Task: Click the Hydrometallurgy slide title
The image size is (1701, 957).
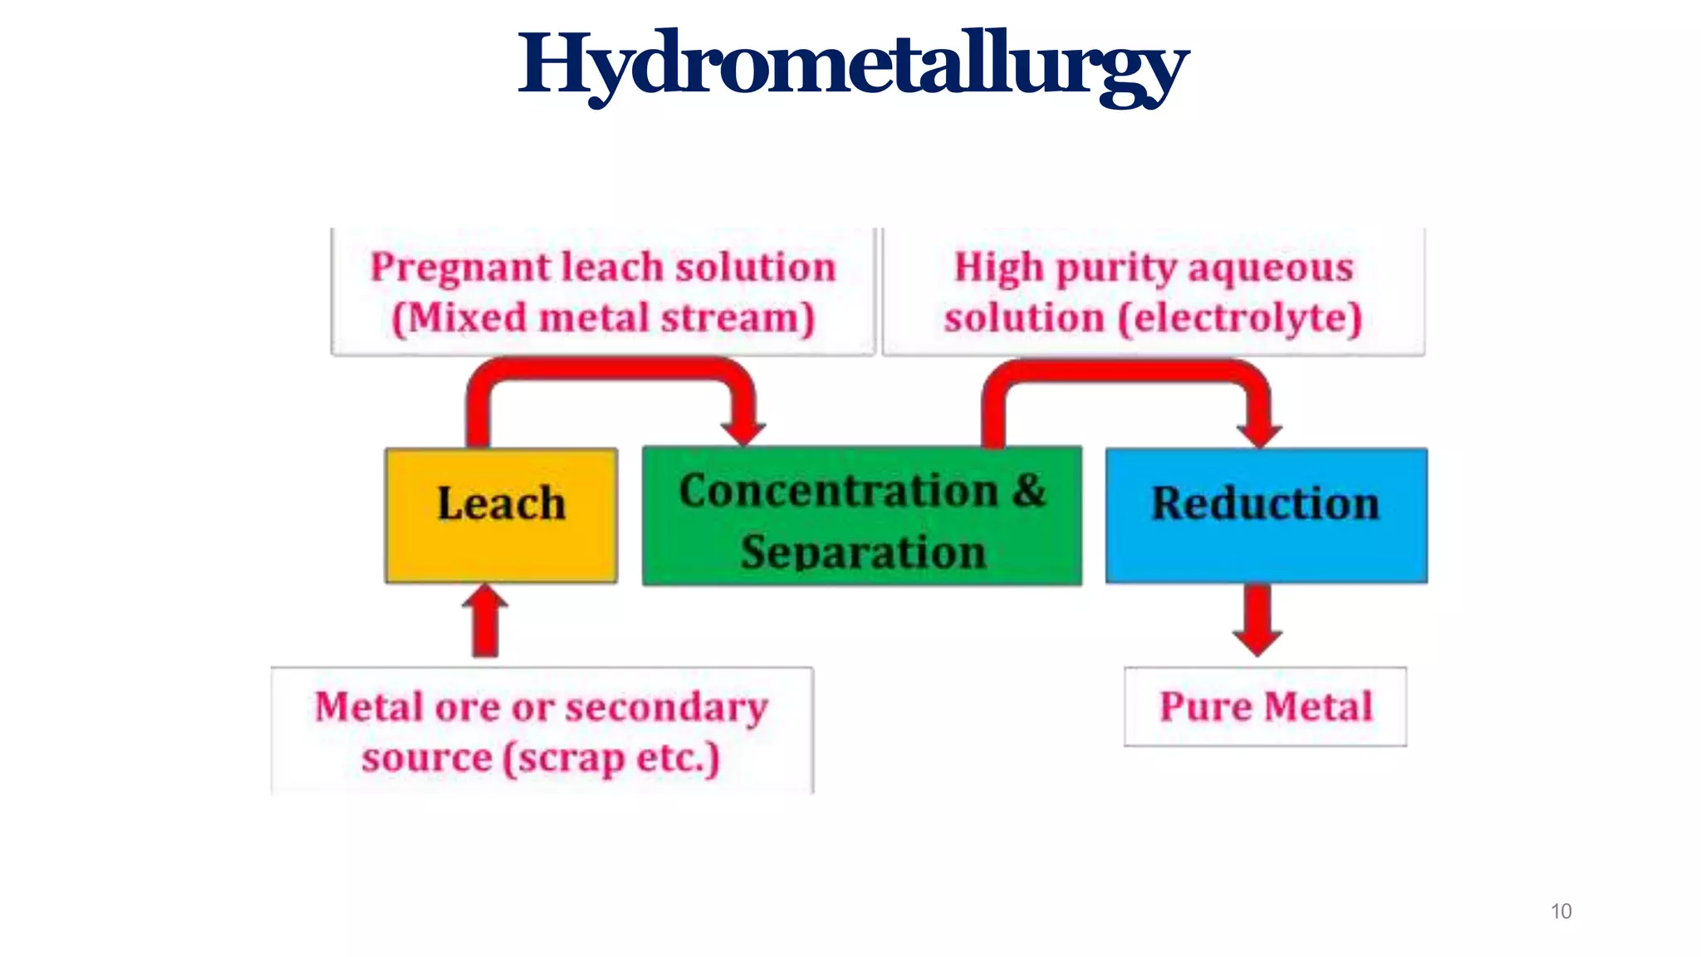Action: tap(853, 65)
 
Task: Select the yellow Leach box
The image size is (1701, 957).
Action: tap(501, 515)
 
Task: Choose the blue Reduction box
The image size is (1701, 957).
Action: tap(1266, 515)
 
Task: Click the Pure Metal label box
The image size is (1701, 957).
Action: tap(1265, 707)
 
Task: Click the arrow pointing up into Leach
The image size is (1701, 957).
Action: tap(485, 621)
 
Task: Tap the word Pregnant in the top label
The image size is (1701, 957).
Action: tap(461, 268)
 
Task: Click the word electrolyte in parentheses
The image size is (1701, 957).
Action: tap(1240, 318)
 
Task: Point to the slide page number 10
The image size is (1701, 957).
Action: tap(1561, 911)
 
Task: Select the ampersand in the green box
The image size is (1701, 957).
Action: tap(1029, 490)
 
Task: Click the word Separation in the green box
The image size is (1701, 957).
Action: tap(863, 552)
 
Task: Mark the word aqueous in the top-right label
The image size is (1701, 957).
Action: tap(1271, 268)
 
